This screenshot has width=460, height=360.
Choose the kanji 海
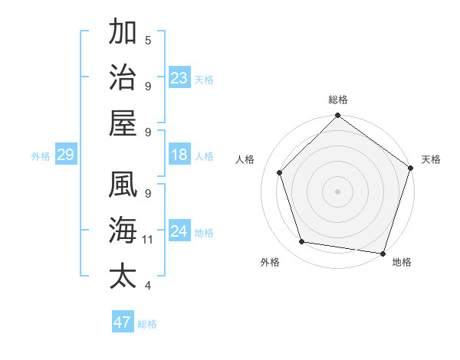[x=123, y=231]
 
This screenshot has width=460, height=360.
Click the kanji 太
[x=123, y=277]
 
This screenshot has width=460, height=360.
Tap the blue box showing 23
[x=179, y=77]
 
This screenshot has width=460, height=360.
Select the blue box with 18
[x=179, y=155]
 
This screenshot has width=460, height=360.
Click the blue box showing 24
[x=179, y=231]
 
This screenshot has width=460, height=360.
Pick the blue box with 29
[x=65, y=155]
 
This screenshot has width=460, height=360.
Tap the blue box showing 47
[x=123, y=322]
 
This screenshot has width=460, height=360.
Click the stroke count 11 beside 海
[x=148, y=240]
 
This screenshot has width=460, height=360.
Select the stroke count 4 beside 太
[x=148, y=286]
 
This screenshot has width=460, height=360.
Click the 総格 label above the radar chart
[x=338, y=100]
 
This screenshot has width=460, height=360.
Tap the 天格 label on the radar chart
[x=431, y=159]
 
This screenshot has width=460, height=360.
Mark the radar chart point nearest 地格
[x=383, y=253]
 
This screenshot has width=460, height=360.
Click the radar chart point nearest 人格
[x=280, y=172]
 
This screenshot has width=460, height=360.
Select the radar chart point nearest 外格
[x=302, y=242]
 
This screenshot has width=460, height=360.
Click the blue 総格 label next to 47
[x=147, y=324]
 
